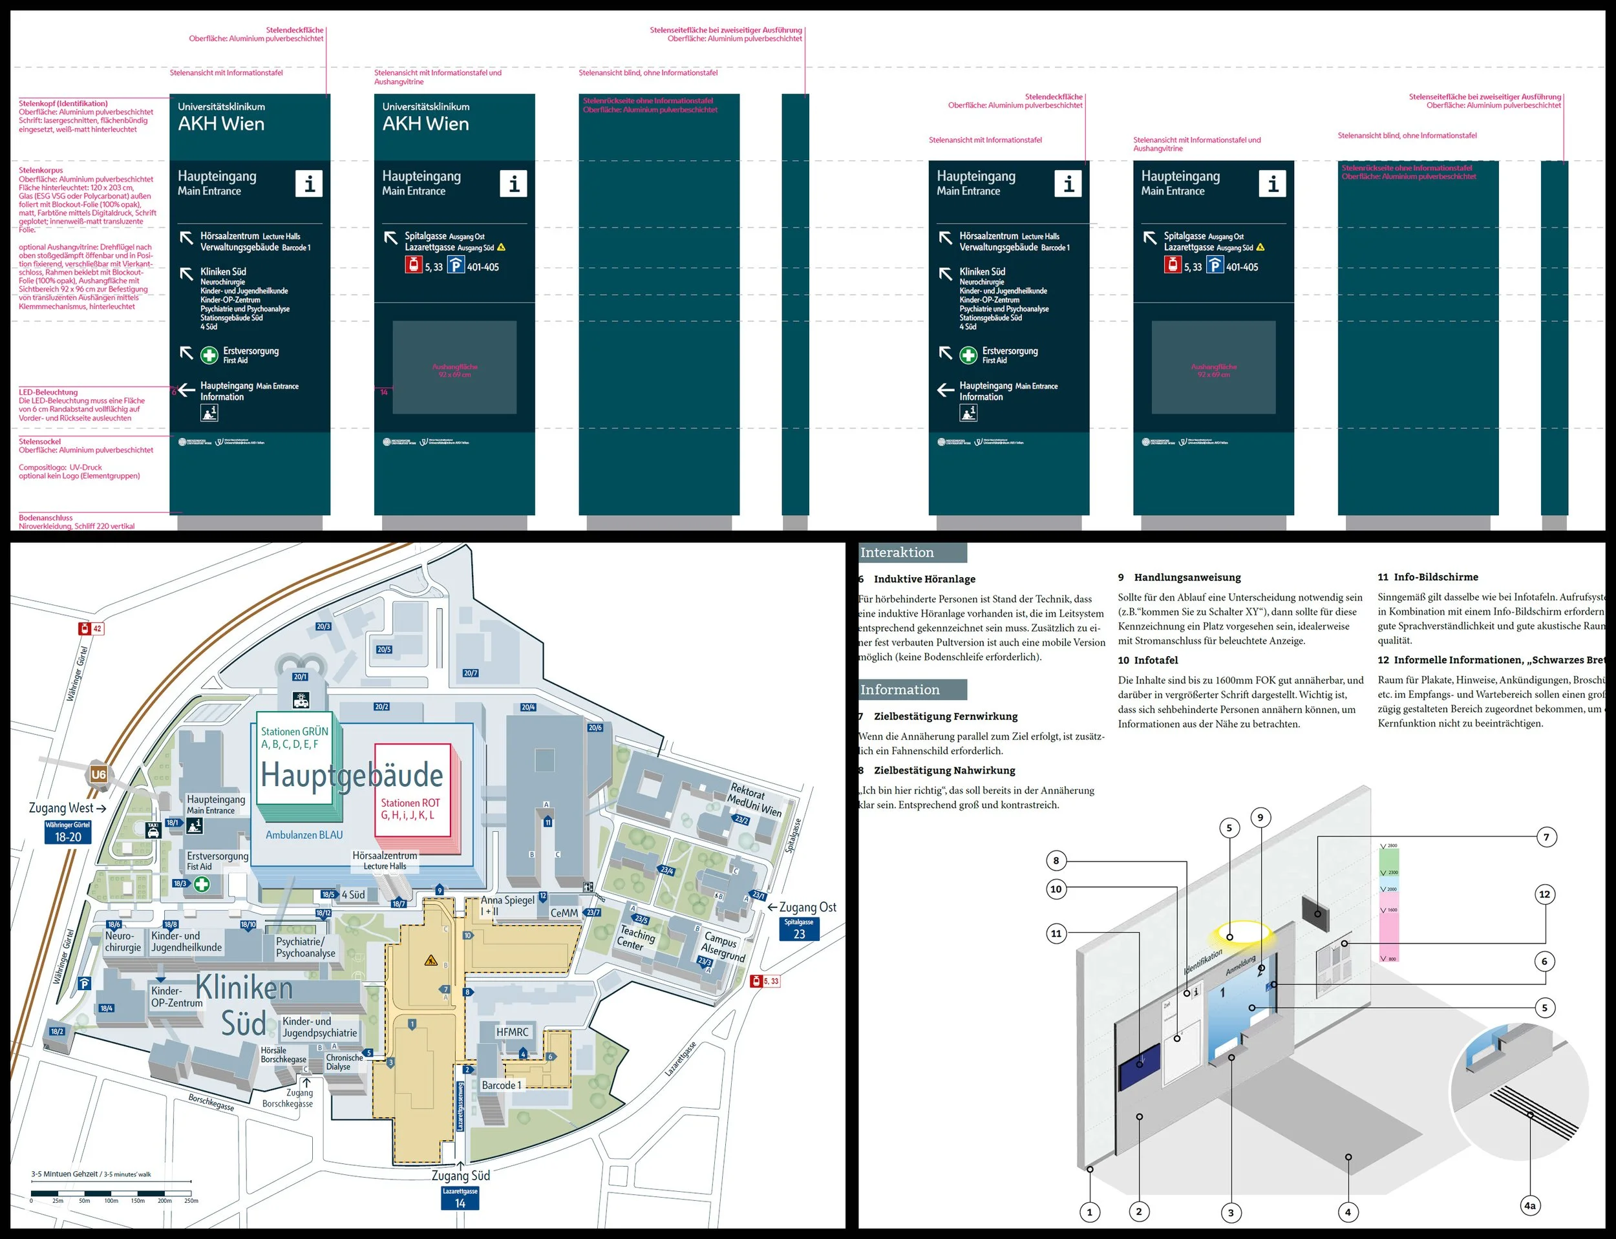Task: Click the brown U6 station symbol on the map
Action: (98, 774)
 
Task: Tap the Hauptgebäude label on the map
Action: (352, 775)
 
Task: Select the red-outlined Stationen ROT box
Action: (412, 790)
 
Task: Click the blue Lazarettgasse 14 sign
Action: (460, 1198)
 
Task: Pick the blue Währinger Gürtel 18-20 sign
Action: (68, 832)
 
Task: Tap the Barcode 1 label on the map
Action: (501, 1086)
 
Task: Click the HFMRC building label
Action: (512, 1032)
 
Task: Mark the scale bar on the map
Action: (111, 1192)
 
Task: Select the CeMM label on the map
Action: (564, 913)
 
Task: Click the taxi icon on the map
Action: (153, 830)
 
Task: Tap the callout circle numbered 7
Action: (1546, 837)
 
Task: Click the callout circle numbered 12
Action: (1544, 895)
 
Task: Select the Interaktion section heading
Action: (911, 553)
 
